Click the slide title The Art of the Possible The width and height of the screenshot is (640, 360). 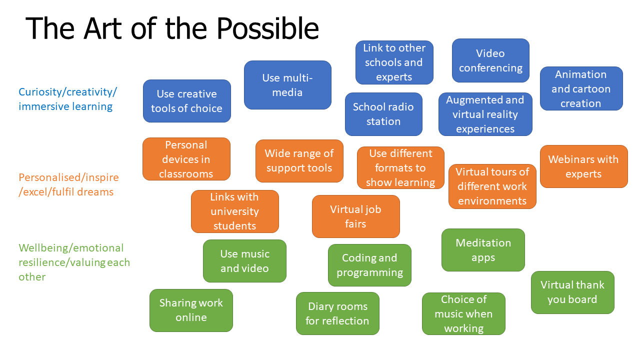(172, 28)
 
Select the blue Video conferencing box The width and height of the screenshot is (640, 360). (490, 60)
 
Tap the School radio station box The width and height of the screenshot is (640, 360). (383, 114)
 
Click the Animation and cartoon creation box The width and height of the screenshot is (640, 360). (581, 88)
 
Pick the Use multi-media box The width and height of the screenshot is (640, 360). (287, 85)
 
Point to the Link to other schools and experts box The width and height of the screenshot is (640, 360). (394, 62)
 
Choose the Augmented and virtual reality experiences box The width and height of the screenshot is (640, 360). (485, 114)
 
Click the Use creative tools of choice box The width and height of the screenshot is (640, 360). (186, 101)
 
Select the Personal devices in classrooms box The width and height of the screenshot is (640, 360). (186, 159)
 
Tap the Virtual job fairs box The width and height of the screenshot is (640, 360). (355, 216)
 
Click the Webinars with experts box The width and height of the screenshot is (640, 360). (583, 166)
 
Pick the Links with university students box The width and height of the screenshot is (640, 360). (234, 211)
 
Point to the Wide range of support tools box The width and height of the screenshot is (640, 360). (299, 161)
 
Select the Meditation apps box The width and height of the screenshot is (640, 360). (483, 250)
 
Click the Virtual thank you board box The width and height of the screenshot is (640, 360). (572, 292)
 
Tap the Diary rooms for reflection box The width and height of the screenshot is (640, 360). (337, 313)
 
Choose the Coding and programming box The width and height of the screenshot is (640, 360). (369, 265)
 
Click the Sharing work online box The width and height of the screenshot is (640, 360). (191, 310)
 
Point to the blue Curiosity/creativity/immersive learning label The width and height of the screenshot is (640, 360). (67, 99)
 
